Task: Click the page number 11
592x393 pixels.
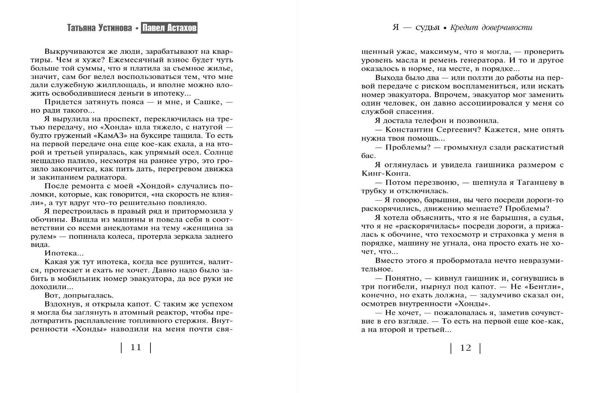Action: (136, 348)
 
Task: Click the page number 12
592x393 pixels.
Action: (465, 348)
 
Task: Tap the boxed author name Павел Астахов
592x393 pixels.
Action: (169, 28)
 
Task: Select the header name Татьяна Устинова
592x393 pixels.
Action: (99, 28)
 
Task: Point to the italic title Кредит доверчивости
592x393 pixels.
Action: (491, 28)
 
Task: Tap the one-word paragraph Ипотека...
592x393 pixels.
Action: (64, 253)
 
